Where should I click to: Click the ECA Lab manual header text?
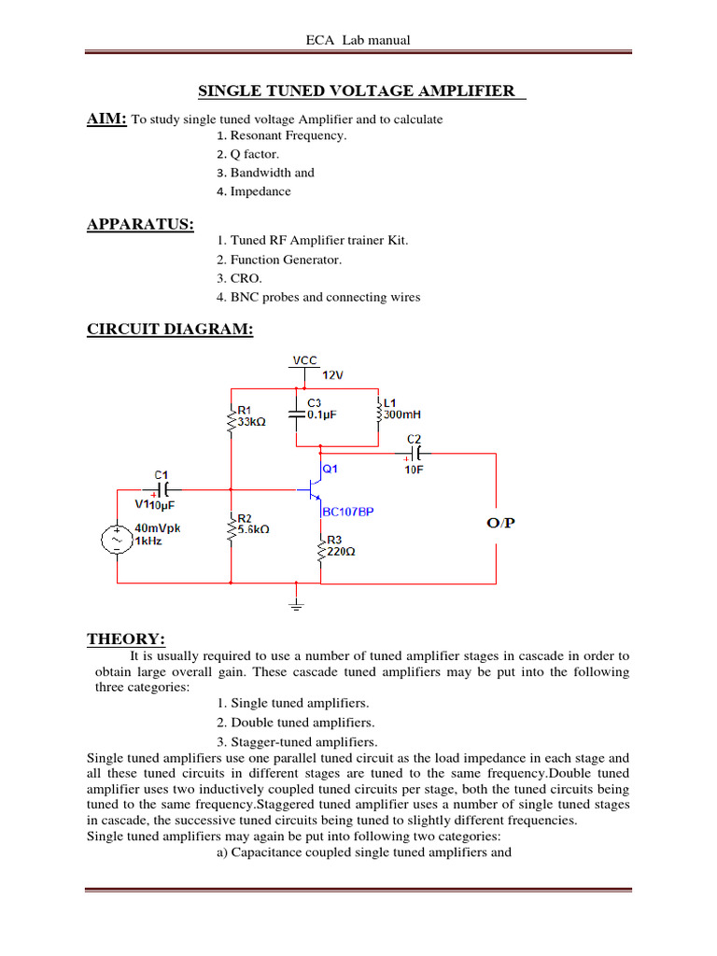pos(358,40)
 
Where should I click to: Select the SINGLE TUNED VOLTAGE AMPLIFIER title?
pos(358,91)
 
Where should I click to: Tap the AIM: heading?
pos(106,119)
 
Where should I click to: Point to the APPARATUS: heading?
pos(141,224)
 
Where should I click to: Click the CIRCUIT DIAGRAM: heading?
pos(170,330)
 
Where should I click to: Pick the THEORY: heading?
pos(126,639)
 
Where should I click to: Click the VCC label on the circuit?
pos(304,359)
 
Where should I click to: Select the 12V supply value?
pos(334,374)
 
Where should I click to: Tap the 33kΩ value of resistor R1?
pos(252,422)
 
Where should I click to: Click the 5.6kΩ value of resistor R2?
pos(253,528)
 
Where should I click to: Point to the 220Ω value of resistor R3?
pos(341,551)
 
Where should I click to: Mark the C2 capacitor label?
pos(415,438)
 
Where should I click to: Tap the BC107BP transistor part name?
pos(347,512)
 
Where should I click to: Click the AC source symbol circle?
pos(118,540)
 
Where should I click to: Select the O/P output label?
pos(500,524)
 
